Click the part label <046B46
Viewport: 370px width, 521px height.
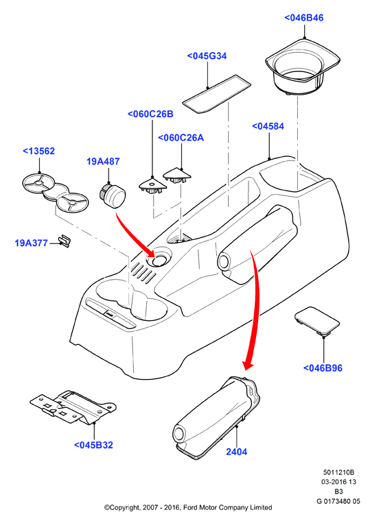click(304, 18)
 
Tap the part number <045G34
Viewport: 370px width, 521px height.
click(207, 56)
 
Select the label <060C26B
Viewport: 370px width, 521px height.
click(151, 114)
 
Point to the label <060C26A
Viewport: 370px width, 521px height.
click(181, 138)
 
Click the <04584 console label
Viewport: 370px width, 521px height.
click(268, 126)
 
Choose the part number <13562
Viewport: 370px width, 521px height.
click(38, 152)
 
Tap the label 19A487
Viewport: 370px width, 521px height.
click(103, 162)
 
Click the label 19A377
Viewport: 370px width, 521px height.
click(32, 243)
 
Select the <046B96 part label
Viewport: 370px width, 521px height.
click(323, 368)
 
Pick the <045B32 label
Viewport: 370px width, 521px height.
click(93, 445)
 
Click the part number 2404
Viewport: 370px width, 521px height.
click(237, 452)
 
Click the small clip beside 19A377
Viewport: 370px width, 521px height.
click(65, 241)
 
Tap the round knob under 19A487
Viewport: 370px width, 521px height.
click(113, 195)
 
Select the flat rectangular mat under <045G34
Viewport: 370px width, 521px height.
click(217, 94)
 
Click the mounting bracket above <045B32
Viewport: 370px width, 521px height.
click(73, 407)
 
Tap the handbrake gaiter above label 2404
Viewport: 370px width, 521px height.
click(217, 417)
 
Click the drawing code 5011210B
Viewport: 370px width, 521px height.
click(338, 472)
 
